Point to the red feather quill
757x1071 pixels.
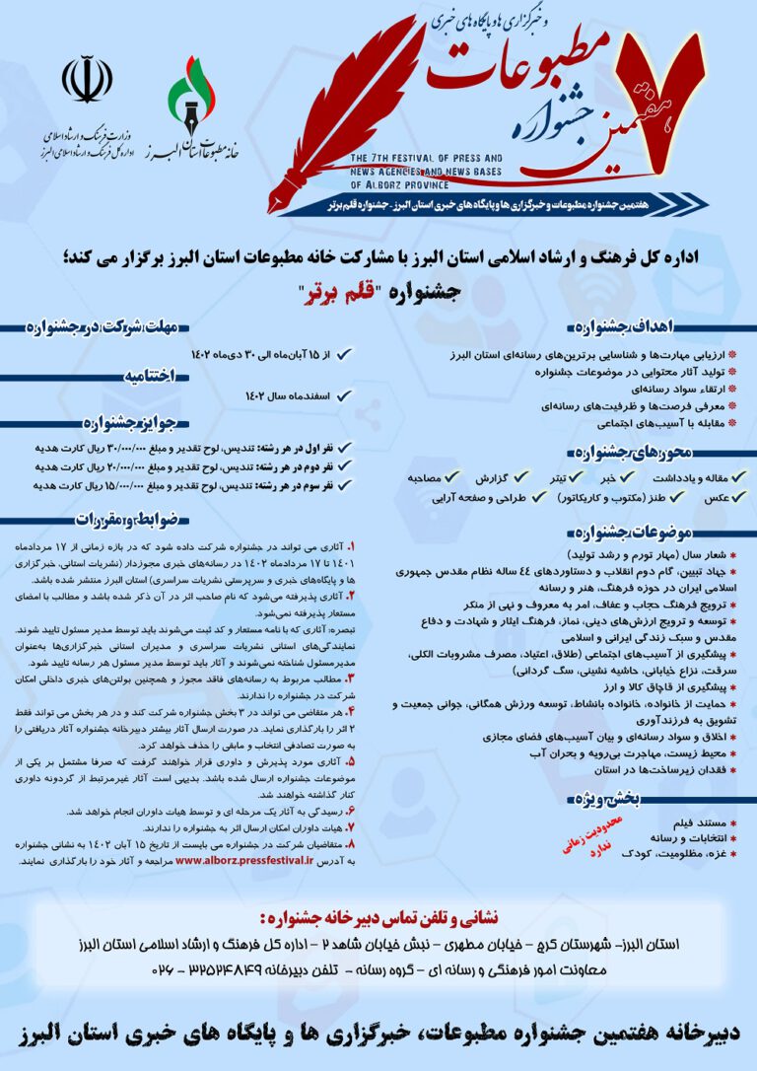(x=335, y=108)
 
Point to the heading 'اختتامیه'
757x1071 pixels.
(x=174, y=375)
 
